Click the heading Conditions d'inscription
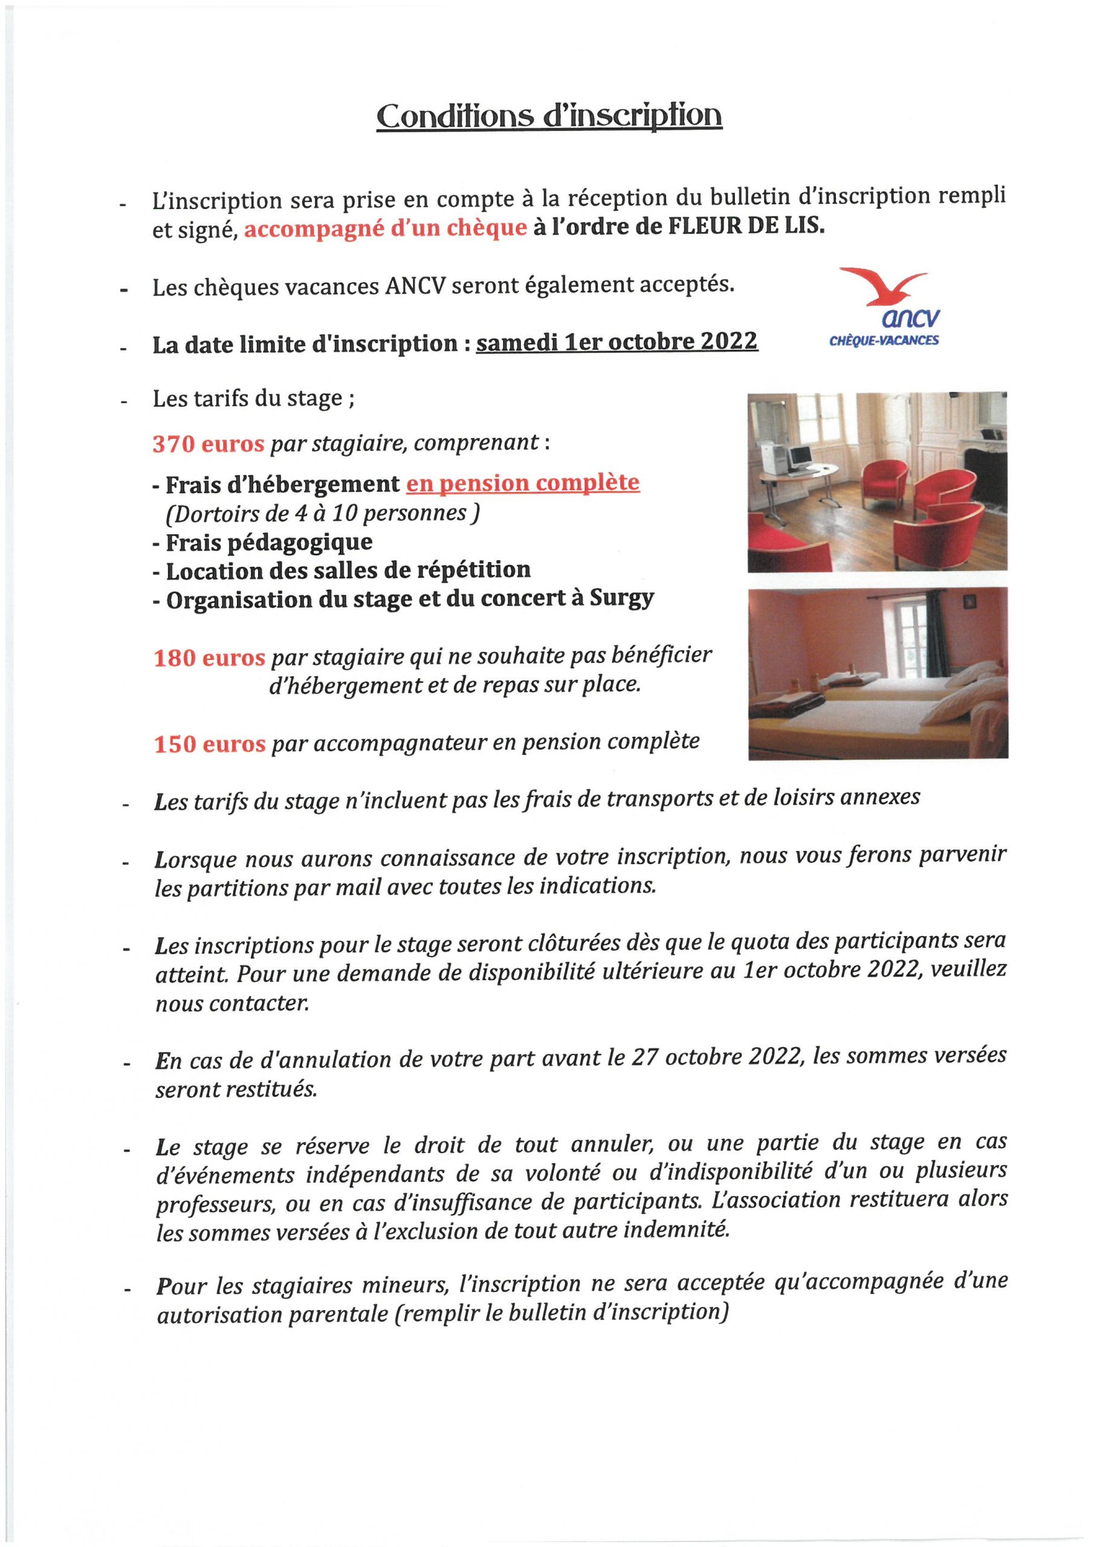[549, 117]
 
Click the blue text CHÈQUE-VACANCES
[884, 340]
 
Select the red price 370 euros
[209, 445]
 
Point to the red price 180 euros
[209, 658]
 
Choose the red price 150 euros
[210, 744]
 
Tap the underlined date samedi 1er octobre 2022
[617, 342]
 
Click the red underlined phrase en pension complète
[522, 483]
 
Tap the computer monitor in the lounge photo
[800, 457]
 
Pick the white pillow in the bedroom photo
[967, 704]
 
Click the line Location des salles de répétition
[348, 570]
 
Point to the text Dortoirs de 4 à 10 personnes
[322, 514]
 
